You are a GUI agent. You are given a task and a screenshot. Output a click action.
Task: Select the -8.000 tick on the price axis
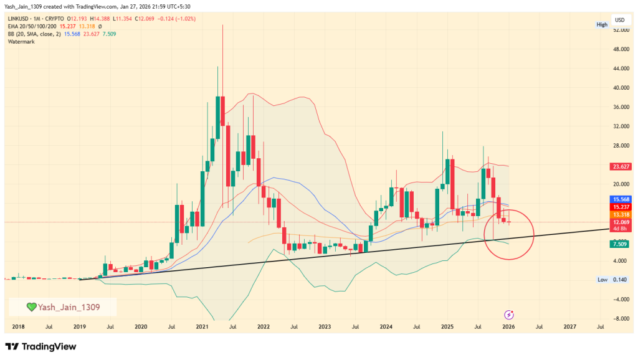click(619, 318)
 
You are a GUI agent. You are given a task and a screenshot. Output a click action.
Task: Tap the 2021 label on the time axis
click(201, 326)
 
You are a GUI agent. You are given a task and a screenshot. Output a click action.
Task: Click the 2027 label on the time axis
click(569, 326)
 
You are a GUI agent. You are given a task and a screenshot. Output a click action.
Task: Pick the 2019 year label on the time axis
click(79, 326)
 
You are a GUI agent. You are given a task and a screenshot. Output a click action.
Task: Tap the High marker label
click(602, 25)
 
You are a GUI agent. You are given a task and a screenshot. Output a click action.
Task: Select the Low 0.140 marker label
click(611, 280)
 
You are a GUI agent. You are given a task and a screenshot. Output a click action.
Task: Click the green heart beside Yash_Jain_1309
click(31, 306)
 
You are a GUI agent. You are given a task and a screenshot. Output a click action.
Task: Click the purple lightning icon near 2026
click(509, 314)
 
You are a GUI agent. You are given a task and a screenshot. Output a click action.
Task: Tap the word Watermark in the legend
click(22, 42)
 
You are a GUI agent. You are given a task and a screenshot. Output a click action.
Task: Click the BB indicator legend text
click(34, 34)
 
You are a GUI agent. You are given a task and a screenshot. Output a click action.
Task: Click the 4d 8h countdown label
click(619, 229)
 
